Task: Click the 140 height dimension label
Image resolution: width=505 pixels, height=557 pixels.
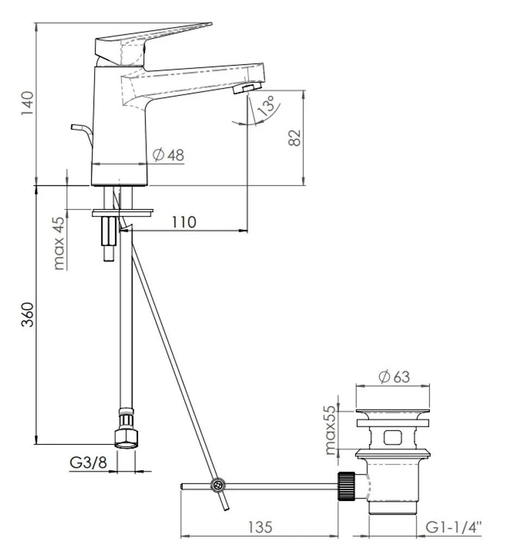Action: point(27,103)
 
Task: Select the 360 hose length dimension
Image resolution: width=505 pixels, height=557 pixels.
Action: point(27,314)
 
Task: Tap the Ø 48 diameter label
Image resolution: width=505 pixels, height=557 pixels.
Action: point(169,155)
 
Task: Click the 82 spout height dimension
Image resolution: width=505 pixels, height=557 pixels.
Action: point(295,138)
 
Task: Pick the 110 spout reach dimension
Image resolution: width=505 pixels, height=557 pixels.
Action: point(184,222)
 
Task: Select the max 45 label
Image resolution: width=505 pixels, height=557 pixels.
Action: point(59,243)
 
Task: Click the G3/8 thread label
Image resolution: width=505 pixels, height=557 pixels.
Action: point(88,462)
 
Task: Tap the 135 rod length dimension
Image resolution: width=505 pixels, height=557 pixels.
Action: point(260,527)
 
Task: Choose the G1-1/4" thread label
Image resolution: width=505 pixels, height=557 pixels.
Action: point(454,527)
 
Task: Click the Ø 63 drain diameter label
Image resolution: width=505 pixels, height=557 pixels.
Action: point(394,376)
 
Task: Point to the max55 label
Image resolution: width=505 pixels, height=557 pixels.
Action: point(331,430)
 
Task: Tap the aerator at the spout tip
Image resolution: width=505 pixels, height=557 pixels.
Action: point(247,88)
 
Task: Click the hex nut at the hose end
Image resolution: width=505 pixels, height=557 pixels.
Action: point(126,439)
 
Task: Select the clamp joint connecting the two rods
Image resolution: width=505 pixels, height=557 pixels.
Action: point(217,485)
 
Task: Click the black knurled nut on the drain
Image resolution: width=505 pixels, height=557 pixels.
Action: point(346,486)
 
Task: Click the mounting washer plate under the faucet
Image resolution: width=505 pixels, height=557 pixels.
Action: point(122,213)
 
